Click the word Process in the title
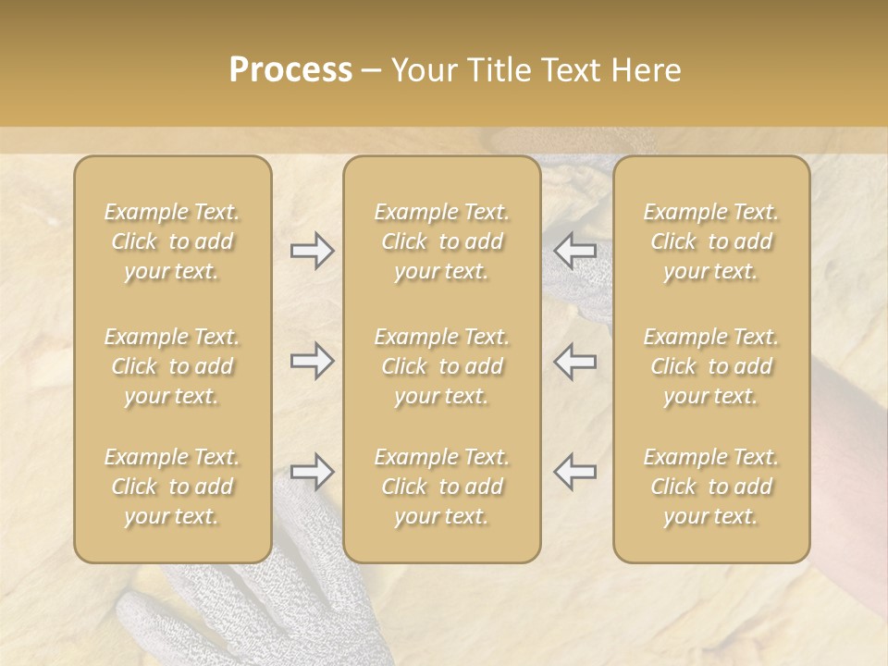(x=290, y=70)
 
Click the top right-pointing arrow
(x=313, y=251)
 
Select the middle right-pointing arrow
(x=313, y=361)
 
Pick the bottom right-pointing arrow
(x=313, y=472)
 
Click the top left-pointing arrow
(x=575, y=251)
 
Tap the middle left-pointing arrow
(x=575, y=361)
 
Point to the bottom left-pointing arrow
(x=575, y=472)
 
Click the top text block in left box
(x=172, y=241)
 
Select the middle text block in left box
(x=172, y=366)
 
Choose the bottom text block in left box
(x=172, y=487)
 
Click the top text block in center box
(x=442, y=241)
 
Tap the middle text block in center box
(x=442, y=366)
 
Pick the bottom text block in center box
(x=442, y=487)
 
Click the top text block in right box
(x=711, y=241)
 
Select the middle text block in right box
(x=711, y=366)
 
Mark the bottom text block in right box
(x=711, y=487)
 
